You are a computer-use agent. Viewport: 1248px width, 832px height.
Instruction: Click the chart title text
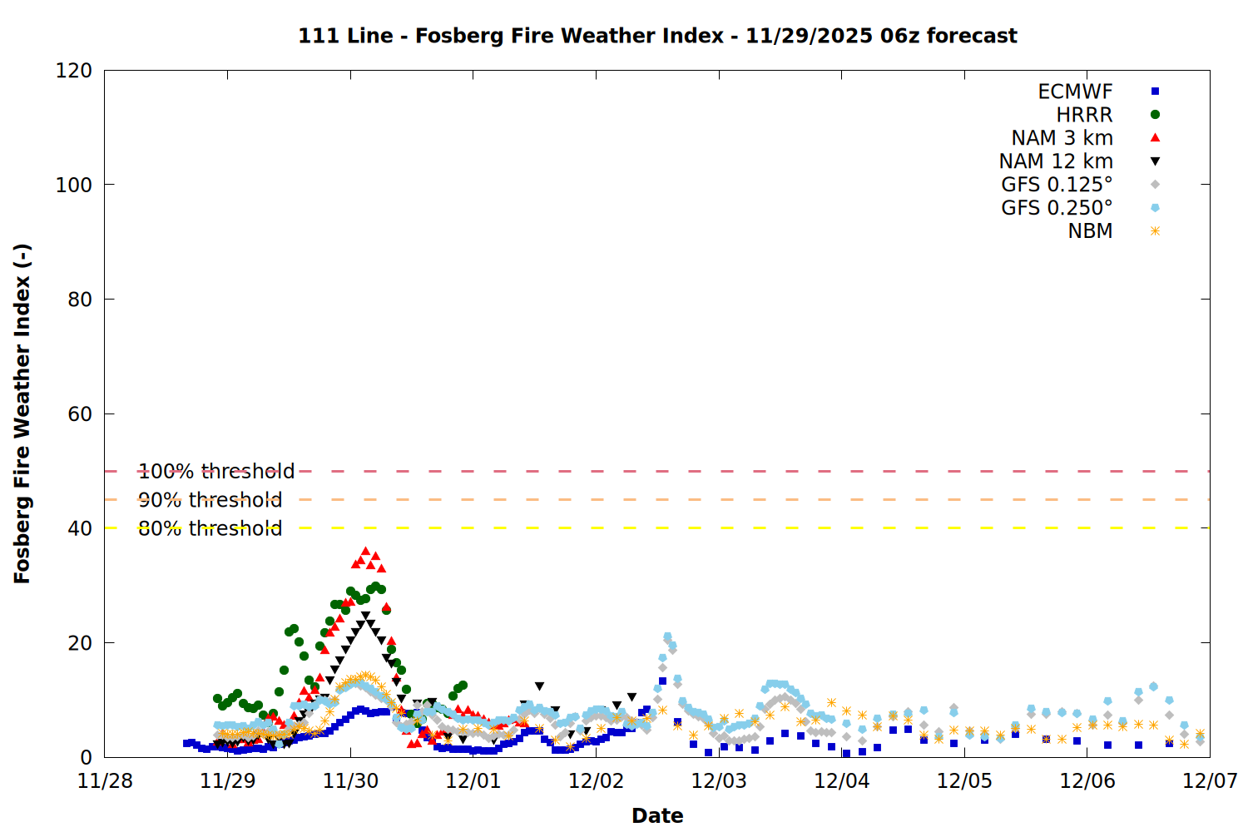(657, 36)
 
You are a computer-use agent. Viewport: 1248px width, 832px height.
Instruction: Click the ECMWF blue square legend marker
(1155, 92)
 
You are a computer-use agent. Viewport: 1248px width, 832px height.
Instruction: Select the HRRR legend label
(1084, 115)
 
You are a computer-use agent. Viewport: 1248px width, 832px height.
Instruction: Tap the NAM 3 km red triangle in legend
(1155, 138)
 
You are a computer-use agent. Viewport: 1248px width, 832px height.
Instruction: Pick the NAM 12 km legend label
(1056, 161)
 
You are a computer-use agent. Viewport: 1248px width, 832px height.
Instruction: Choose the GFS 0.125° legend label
(1057, 185)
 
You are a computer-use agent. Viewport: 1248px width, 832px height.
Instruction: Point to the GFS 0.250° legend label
(1057, 208)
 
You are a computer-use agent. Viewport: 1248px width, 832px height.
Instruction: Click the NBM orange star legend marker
(1155, 231)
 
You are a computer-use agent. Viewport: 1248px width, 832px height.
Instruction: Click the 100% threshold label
(216, 472)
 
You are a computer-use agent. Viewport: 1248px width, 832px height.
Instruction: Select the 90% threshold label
(210, 500)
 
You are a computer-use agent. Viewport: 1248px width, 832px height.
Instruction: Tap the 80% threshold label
(210, 528)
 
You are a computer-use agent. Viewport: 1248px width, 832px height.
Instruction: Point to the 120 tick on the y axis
(74, 71)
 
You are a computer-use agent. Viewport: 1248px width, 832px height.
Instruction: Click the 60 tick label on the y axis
(80, 414)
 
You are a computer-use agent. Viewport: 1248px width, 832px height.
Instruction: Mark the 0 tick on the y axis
(87, 757)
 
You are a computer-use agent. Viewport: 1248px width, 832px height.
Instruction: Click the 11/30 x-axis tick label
(350, 781)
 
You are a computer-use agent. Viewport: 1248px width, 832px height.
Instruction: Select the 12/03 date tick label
(719, 781)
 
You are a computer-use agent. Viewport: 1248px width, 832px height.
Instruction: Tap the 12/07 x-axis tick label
(1210, 781)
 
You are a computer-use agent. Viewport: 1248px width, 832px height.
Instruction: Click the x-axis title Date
(657, 815)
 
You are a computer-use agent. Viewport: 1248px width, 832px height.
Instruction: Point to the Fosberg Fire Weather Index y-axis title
(22, 414)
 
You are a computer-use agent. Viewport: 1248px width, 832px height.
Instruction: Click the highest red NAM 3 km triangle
(365, 552)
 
